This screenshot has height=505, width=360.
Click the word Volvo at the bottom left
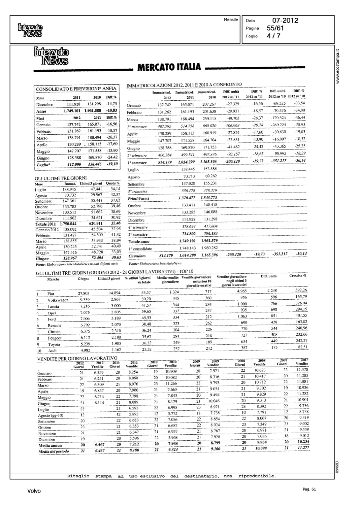point(34,491)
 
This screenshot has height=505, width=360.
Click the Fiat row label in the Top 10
point(51,294)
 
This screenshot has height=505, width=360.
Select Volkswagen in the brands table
point(58,300)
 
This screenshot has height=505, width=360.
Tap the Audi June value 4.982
point(84,350)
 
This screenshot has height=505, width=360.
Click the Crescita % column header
point(298,276)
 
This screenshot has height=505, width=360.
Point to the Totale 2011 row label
point(46,224)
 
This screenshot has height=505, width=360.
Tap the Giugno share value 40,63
point(115,258)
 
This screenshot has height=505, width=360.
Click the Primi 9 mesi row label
point(138,198)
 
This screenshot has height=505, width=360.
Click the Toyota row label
point(54,344)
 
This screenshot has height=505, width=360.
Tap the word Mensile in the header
point(231,20)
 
